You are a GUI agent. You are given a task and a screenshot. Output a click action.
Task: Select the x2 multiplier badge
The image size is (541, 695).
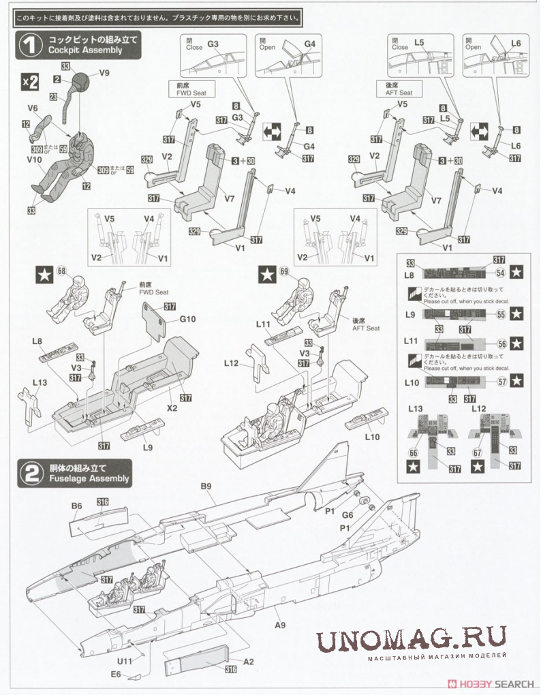30,82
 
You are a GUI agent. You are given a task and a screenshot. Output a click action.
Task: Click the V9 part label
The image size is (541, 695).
104,73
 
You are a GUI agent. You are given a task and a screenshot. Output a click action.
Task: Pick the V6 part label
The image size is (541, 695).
32,108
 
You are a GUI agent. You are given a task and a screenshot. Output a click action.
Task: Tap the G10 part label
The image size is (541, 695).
188,320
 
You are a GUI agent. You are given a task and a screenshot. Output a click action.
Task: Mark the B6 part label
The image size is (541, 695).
77,506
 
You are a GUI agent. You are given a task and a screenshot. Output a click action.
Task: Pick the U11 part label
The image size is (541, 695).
123,662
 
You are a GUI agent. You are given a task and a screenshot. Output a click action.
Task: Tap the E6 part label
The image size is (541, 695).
116,675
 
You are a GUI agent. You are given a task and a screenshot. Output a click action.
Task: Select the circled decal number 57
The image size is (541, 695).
502,382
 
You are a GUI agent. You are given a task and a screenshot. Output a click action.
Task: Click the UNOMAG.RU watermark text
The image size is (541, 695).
411,638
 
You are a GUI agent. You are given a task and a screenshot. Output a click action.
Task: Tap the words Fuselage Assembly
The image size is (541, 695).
89,479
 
